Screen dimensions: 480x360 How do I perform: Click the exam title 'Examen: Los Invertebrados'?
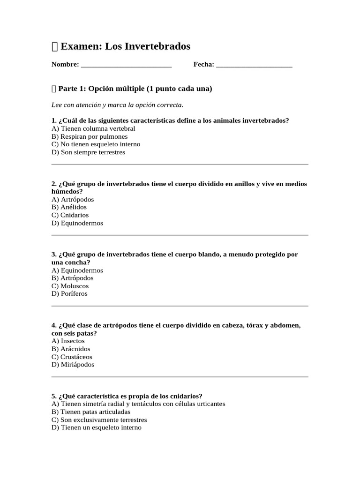pos(126,46)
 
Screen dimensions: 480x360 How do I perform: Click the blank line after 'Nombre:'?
pos(126,65)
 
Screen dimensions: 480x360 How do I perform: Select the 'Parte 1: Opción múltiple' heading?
pos(135,88)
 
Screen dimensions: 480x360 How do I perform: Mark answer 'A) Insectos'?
pos(68,341)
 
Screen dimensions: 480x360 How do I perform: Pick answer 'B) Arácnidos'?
pos(71,349)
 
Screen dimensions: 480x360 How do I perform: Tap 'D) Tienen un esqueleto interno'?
pos(96,427)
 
